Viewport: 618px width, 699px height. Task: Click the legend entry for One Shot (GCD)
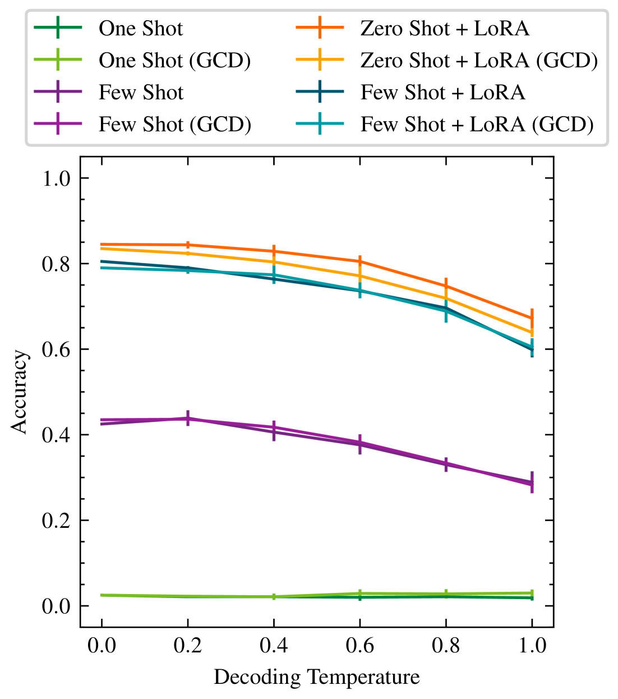pos(174,61)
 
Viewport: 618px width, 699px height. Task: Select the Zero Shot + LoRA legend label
pos(445,29)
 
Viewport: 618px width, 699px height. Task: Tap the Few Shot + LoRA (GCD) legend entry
pos(477,125)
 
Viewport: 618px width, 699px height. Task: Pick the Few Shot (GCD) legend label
pos(174,125)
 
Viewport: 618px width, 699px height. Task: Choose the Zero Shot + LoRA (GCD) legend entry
pos(479,61)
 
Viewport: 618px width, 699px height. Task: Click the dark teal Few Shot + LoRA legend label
pos(442,93)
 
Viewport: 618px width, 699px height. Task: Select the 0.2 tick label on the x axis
pos(187,646)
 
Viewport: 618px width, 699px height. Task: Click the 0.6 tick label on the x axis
pos(359,646)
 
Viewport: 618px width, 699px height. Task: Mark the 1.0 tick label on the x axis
pos(532,646)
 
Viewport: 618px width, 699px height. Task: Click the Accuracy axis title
pos(19,392)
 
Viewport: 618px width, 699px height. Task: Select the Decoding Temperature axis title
pos(317,677)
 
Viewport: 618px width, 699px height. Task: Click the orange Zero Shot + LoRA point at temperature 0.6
pos(359,261)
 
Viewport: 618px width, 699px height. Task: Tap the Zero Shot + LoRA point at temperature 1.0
pos(532,318)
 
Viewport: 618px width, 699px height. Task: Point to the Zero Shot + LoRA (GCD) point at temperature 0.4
pos(274,262)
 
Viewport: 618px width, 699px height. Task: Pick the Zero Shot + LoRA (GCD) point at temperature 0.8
pos(446,298)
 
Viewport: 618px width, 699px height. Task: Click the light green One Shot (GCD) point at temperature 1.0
pos(532,593)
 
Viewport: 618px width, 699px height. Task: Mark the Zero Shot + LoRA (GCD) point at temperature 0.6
pos(359,276)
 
